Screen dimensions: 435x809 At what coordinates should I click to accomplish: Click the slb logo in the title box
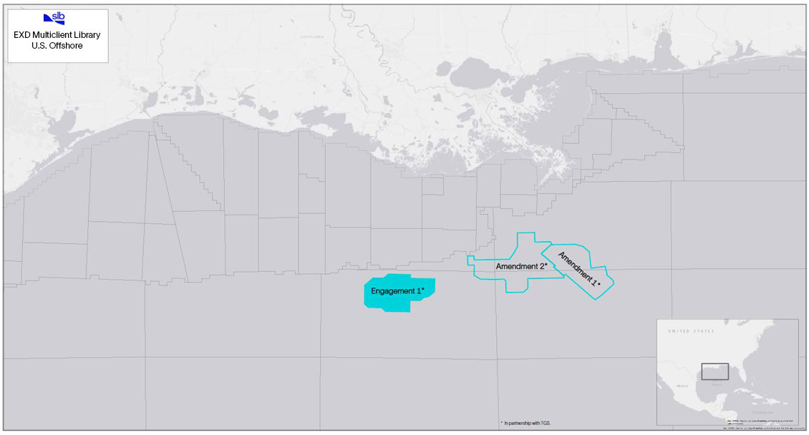[x=54, y=19]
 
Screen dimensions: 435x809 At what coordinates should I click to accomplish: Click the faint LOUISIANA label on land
[x=311, y=36]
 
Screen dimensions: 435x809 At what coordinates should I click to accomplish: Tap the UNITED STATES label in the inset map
[x=690, y=332]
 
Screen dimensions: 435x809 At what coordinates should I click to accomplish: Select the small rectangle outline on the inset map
[x=714, y=371]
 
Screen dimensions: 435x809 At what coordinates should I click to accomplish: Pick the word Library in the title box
[x=87, y=34]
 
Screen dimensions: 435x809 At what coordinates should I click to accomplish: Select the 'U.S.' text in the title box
[x=40, y=45]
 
